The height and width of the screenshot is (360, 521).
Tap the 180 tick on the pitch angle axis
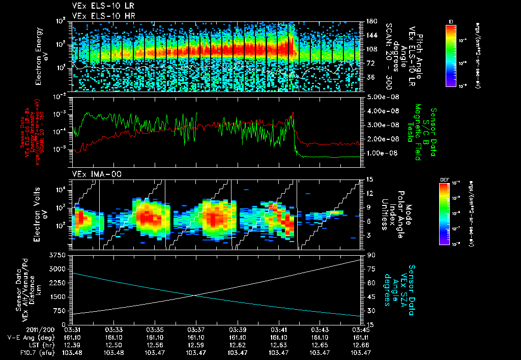coord(371,21)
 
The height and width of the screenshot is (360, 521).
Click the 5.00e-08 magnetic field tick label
coord(381,97)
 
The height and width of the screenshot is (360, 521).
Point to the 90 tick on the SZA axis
coord(370,255)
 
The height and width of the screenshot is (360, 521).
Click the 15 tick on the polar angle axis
coord(370,179)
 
